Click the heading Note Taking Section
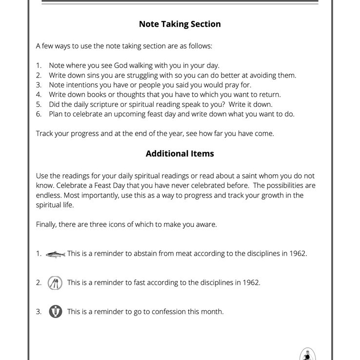coord(180,24)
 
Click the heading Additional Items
coord(180,153)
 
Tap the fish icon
coord(55,254)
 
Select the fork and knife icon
coord(55,283)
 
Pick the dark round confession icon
coord(56,312)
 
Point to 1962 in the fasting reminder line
coord(250,283)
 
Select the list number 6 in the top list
coord(39,114)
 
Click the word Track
coord(45,134)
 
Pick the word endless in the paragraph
coord(50,195)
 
